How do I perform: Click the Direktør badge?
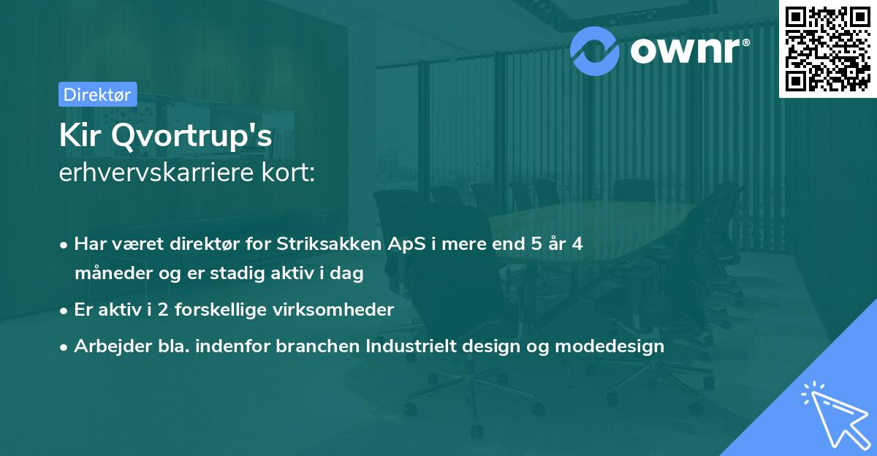coord(96,94)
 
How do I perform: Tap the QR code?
coord(827,49)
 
